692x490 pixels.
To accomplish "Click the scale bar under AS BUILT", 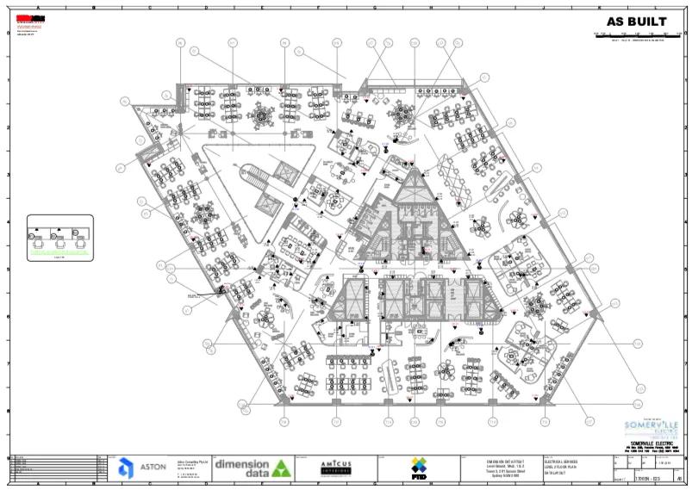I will [637, 34].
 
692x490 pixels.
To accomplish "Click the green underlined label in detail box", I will [59, 257].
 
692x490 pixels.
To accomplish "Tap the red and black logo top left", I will [23, 19].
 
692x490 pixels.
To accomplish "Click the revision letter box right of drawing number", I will [679, 478].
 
